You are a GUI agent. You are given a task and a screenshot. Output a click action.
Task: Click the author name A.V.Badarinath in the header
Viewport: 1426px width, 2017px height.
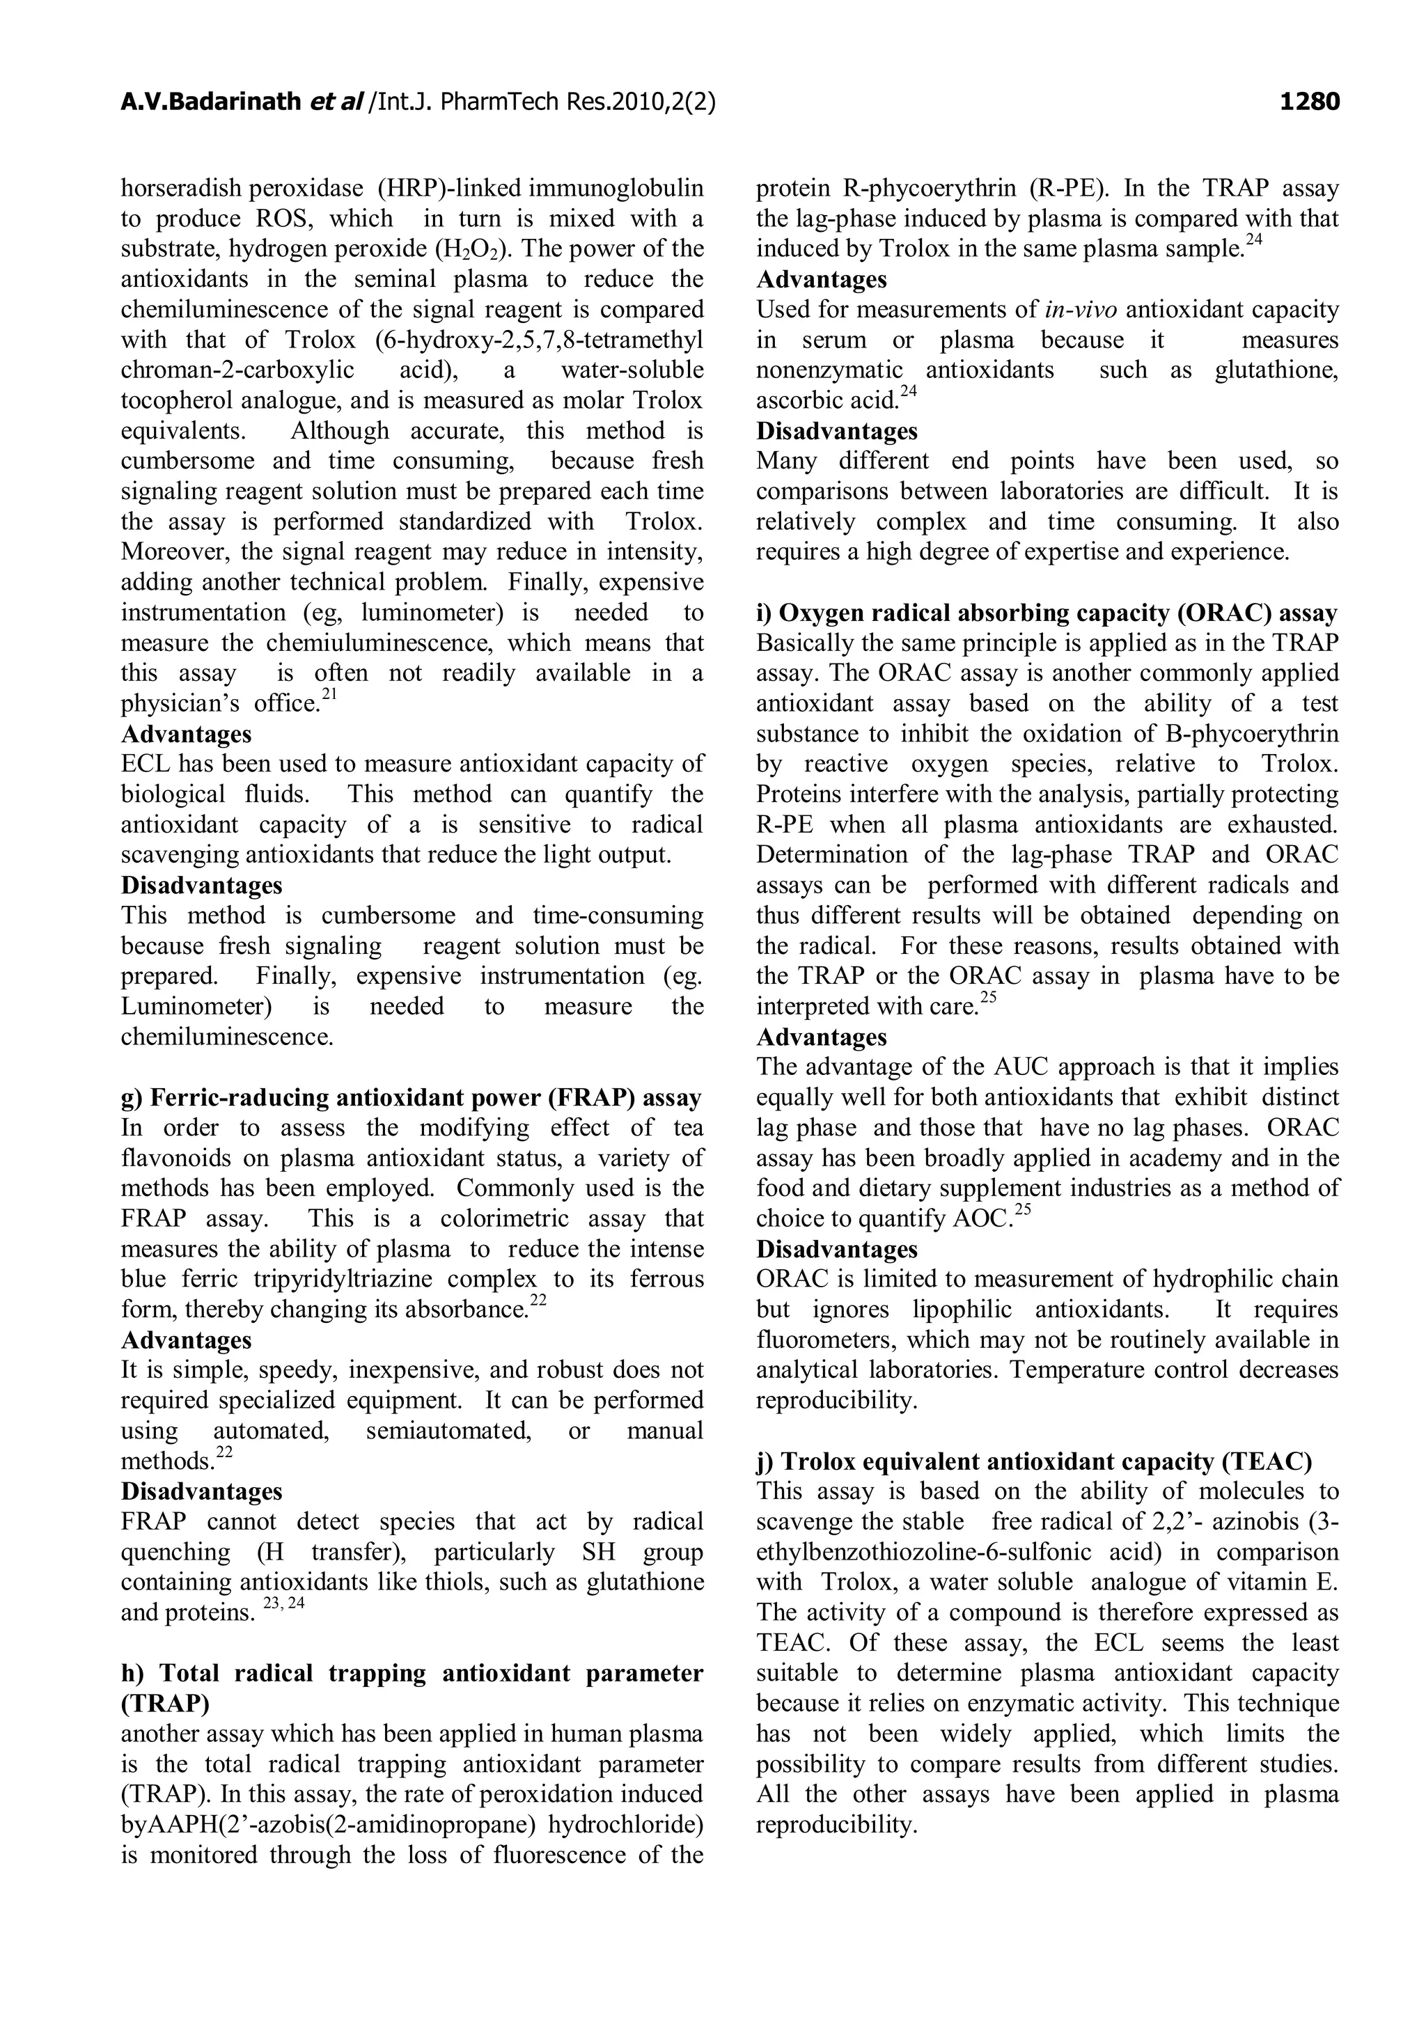coord(211,103)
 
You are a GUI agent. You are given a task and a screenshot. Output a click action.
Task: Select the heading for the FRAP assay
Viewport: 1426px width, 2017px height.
coord(412,1098)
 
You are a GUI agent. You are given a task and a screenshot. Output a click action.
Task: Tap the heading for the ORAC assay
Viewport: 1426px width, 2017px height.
coord(1047,613)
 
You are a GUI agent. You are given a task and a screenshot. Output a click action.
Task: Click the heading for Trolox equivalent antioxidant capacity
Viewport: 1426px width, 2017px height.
coord(1034,1462)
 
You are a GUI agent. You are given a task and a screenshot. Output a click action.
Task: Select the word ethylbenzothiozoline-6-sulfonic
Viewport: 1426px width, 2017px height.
coord(923,1553)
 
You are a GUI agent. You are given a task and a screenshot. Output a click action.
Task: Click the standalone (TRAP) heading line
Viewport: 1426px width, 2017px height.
coord(165,1704)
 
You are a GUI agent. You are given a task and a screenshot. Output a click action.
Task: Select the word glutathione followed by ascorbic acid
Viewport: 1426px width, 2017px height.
coord(1276,370)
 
